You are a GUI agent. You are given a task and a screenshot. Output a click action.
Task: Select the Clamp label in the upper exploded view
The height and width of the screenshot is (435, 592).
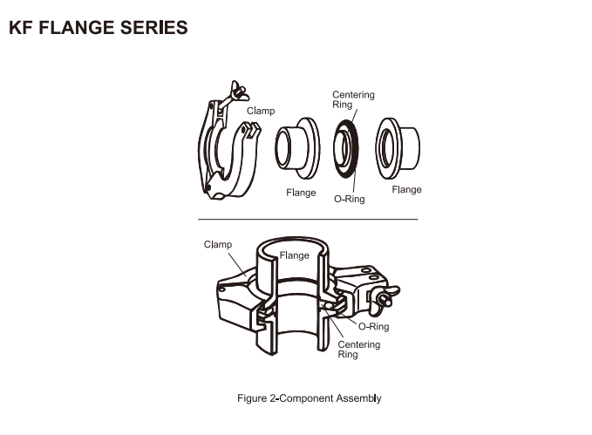click(x=260, y=111)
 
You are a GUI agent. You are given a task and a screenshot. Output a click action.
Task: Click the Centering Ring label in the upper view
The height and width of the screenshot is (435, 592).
click(x=352, y=99)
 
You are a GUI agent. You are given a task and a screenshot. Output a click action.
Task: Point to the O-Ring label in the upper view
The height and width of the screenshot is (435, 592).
click(x=350, y=199)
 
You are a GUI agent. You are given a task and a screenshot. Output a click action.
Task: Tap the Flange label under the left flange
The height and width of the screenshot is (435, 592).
click(x=301, y=192)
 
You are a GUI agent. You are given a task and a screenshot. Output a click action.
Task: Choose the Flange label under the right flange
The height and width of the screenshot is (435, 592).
click(x=406, y=189)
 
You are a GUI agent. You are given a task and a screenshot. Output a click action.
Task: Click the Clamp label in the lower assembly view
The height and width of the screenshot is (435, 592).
click(x=218, y=244)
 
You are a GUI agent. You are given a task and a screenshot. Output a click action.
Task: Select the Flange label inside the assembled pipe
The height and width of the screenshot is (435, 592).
click(x=294, y=255)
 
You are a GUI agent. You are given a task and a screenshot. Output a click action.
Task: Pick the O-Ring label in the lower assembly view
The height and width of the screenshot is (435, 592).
click(x=374, y=327)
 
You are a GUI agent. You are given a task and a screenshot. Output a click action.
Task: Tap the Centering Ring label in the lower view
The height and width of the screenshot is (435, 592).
click(x=358, y=350)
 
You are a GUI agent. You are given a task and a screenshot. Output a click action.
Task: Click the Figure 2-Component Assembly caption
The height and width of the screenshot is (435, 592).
click(x=310, y=398)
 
